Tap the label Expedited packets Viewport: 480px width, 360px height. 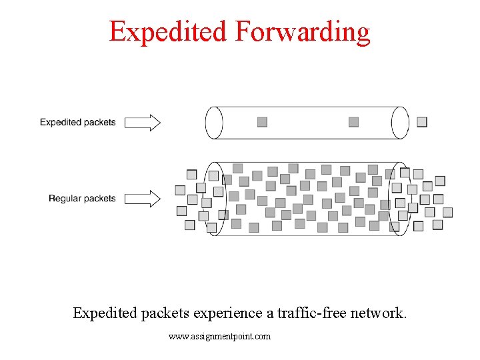coord(77,122)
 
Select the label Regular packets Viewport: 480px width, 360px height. coord(82,198)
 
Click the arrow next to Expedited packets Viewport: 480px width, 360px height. coord(142,122)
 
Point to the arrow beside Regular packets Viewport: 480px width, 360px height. coord(142,198)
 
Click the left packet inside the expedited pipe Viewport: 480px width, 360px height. coord(262,122)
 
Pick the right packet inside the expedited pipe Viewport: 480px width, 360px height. coord(353,122)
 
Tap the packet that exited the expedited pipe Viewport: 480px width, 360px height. coord(421,122)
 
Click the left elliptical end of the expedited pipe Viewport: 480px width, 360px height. coord(214,123)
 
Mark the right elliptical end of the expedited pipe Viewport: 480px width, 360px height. coord(400,123)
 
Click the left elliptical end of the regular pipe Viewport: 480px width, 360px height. coord(215,198)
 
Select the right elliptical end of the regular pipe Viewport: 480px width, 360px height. coord(398,198)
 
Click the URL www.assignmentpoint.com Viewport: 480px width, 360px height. coord(220,337)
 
